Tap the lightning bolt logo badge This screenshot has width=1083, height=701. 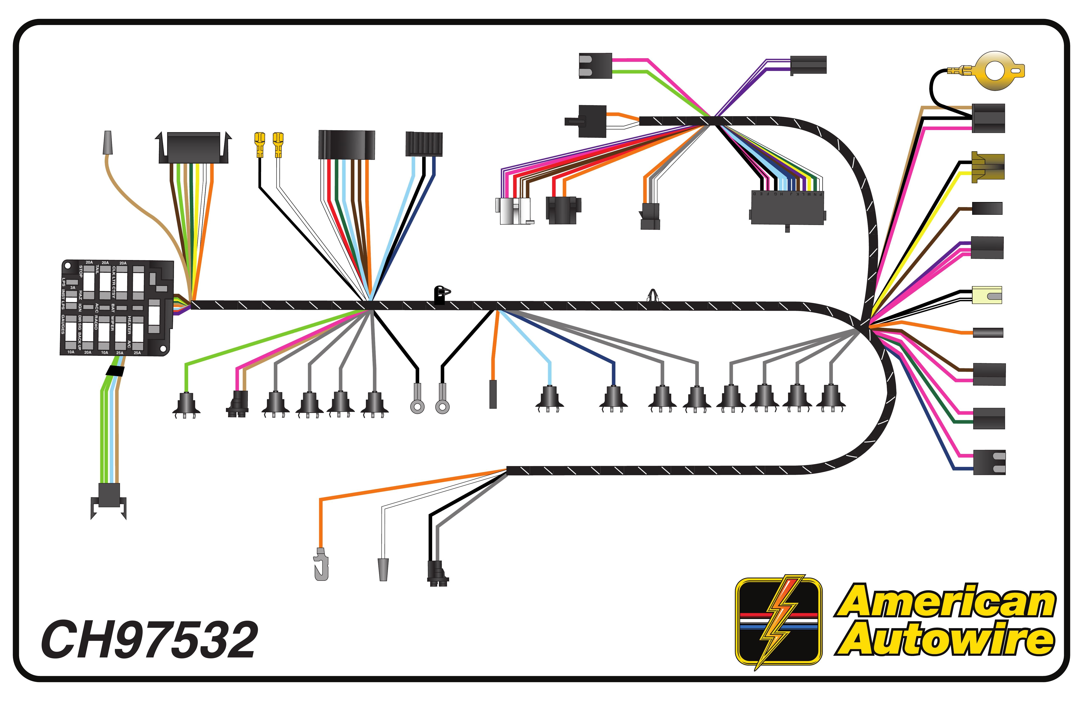778,621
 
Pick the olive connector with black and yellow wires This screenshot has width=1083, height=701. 987,168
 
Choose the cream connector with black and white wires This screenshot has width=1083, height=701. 987,295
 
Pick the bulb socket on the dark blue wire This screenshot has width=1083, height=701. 613,398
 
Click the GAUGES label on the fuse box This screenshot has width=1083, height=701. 63,324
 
